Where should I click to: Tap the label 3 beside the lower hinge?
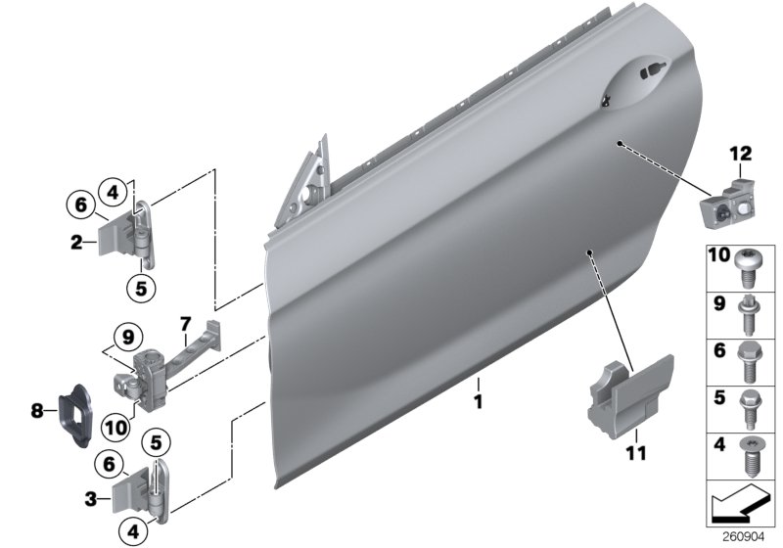90,498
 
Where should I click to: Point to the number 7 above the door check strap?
183,322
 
